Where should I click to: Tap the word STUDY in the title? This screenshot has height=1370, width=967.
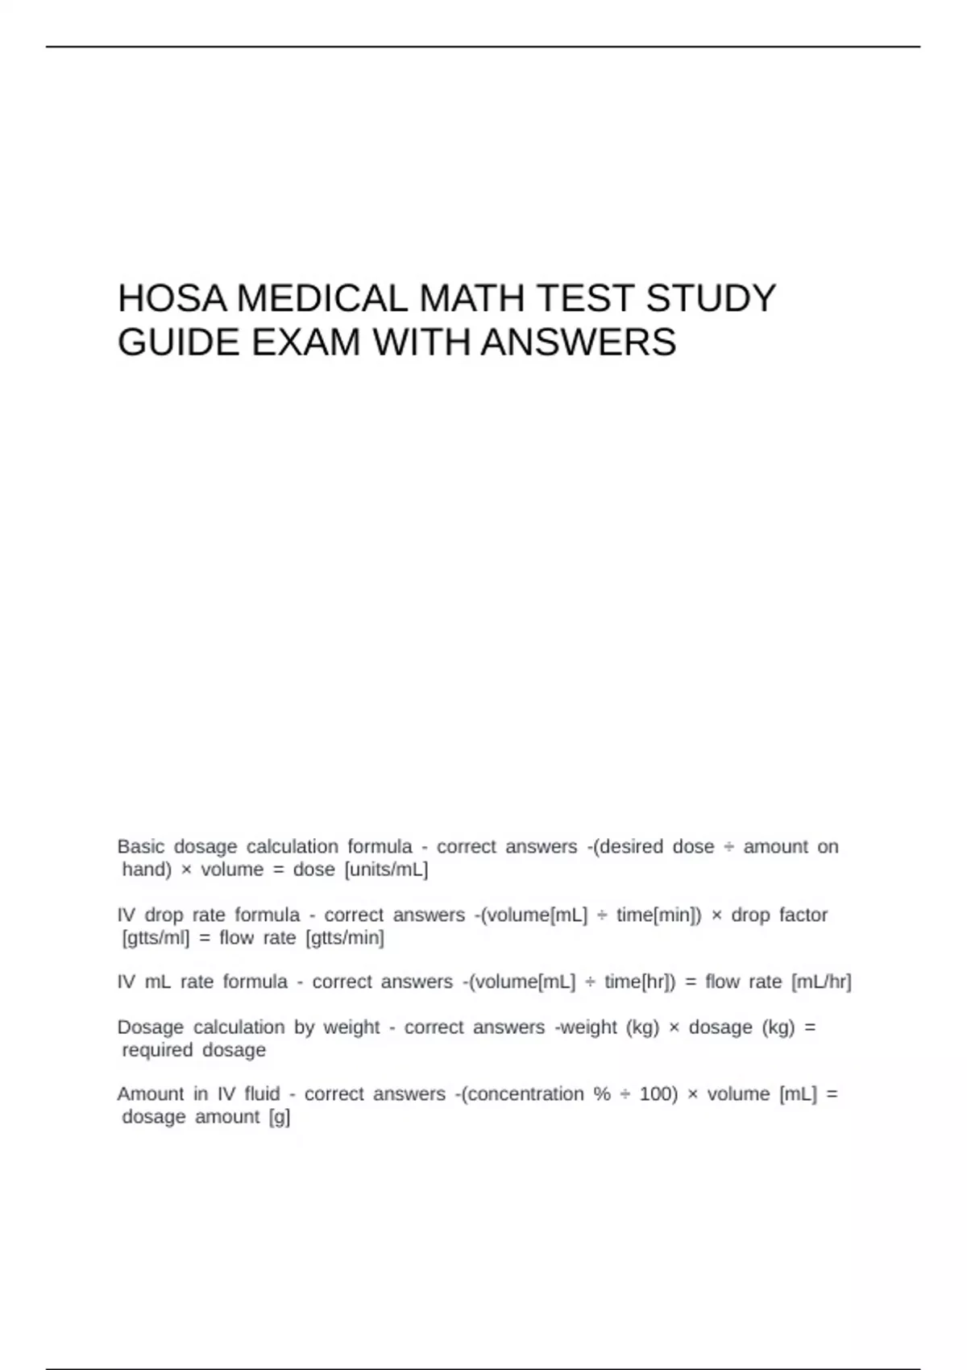click(710, 299)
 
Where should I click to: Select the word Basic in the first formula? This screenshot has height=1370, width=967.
click(140, 847)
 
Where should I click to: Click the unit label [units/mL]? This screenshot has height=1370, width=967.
click(386, 870)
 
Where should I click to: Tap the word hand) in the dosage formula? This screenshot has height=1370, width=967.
click(147, 870)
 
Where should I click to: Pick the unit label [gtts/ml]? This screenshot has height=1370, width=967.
click(156, 938)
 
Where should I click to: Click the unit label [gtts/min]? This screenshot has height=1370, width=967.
click(345, 938)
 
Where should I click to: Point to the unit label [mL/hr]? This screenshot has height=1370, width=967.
click(821, 982)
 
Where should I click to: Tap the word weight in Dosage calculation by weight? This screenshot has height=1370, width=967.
click(351, 1027)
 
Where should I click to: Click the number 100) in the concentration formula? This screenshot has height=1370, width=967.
click(658, 1094)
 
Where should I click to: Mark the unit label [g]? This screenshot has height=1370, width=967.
click(280, 1118)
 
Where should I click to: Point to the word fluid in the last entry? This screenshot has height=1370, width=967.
click(262, 1094)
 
